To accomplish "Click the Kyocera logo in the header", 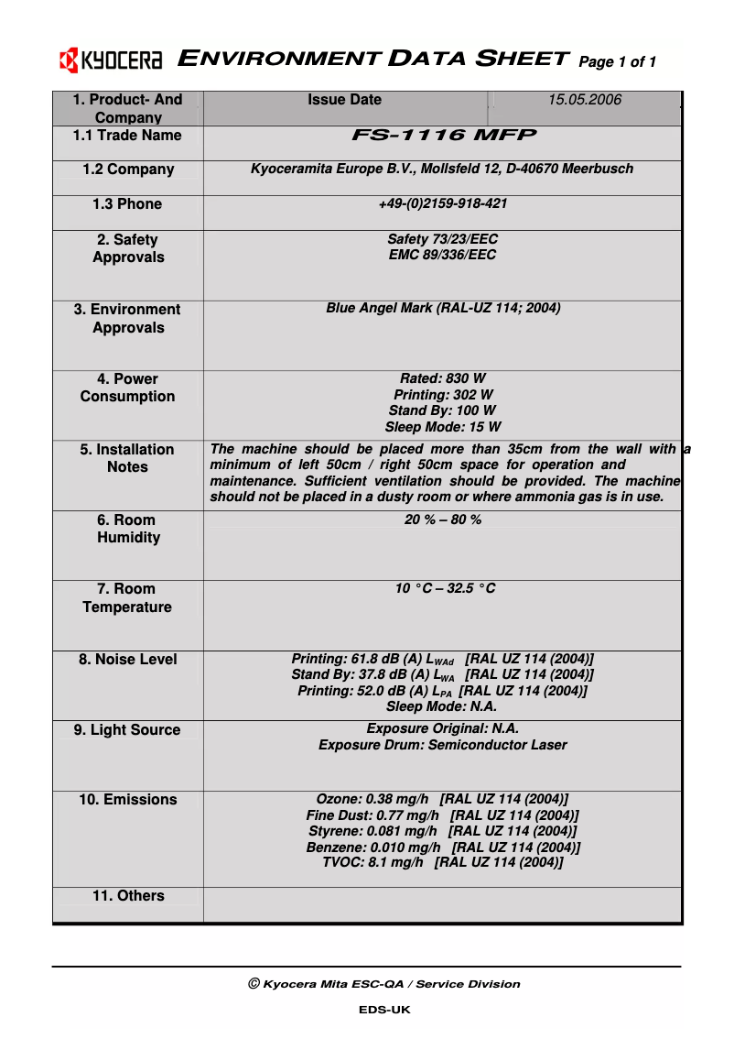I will (111, 61).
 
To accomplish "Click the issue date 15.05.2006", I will (584, 100).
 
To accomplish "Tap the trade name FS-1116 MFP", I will (443, 136).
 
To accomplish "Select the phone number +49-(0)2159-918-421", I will (442, 203).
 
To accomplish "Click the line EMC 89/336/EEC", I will (442, 255).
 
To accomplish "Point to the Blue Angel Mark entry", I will (443, 309).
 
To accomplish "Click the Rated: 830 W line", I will (442, 378).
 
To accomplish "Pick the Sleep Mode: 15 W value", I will (442, 427).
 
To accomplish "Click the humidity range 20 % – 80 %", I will (443, 519).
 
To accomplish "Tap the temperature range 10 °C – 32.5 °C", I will (445, 588).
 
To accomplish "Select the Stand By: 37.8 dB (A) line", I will (442, 675).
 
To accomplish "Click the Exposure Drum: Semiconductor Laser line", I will (442, 745).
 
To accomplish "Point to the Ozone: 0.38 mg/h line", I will (442, 799).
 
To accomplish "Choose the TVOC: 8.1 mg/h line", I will (442, 862).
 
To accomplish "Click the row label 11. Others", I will (128, 896).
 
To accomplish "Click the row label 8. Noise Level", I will (128, 660).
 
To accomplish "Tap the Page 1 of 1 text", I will (618, 62).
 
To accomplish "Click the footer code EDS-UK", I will (384, 1010).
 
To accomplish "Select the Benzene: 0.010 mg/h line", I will (442, 848).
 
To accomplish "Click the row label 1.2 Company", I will (128, 170).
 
